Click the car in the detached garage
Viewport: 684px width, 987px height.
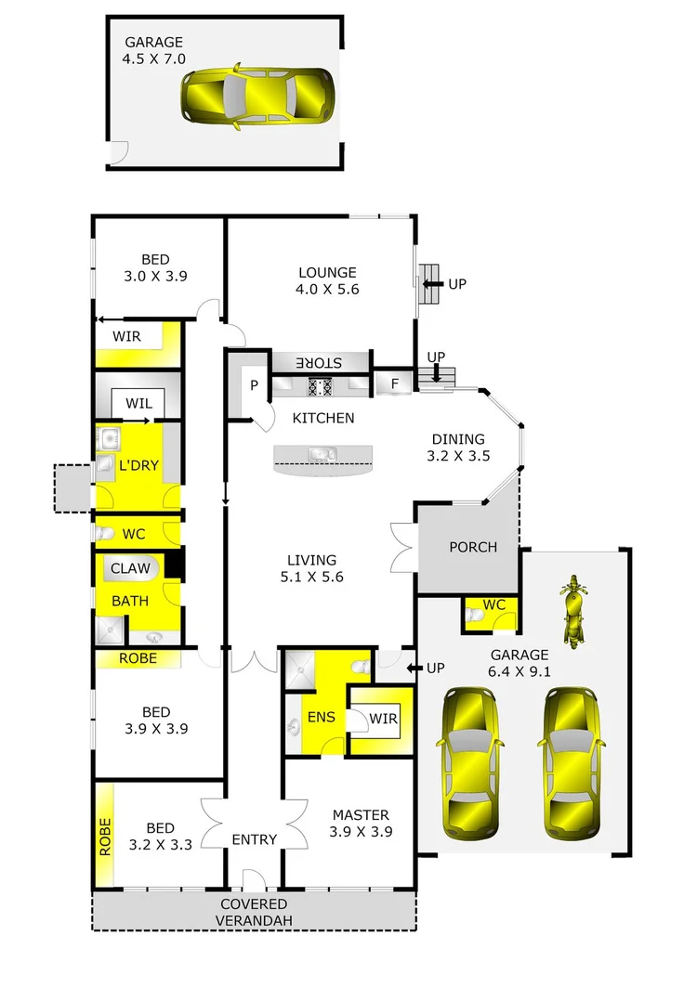coord(257,94)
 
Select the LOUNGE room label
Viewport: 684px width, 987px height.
coord(327,280)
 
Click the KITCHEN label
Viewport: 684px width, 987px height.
coord(323,418)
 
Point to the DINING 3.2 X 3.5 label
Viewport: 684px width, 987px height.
coord(457,448)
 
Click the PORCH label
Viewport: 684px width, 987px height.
coord(473,547)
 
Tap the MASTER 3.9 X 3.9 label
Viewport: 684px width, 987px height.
coord(361,824)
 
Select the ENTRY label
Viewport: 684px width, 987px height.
coord(255,839)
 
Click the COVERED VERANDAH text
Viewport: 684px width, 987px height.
coord(254,912)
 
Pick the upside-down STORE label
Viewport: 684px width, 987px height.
coord(320,362)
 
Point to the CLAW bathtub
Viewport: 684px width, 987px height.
coord(131,568)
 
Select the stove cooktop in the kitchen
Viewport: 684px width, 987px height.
coord(321,386)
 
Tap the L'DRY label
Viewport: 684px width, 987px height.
coord(138,465)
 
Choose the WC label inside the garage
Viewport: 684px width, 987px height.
coord(493,604)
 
